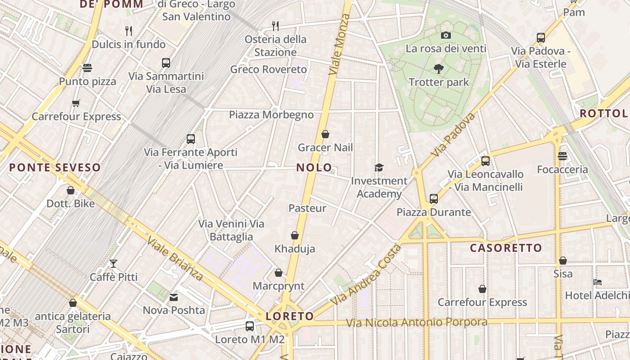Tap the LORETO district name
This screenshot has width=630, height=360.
pyautogui.click(x=289, y=316)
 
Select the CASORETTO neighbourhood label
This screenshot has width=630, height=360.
pyautogui.click(x=506, y=248)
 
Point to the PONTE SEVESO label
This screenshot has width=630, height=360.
pyautogui.click(x=55, y=168)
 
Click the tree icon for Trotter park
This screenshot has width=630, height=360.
pyautogui.click(x=439, y=69)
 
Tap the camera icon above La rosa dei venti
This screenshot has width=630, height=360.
pyautogui.click(x=446, y=35)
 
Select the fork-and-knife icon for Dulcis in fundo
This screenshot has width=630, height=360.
pyautogui.click(x=129, y=31)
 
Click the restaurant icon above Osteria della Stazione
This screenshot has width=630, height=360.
pyautogui.click(x=275, y=26)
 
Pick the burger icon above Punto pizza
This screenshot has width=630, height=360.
pyautogui.click(x=87, y=68)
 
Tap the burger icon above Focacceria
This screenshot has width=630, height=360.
pyautogui.click(x=562, y=156)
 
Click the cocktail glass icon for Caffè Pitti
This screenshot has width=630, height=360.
pyautogui.click(x=113, y=263)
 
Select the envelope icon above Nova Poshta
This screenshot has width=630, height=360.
pyautogui.click(x=174, y=297)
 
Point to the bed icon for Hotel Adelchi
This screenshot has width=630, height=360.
pyautogui.click(x=598, y=282)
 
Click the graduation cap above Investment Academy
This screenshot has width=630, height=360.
pyautogui.click(x=379, y=167)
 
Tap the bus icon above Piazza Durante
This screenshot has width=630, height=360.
pyautogui.click(x=434, y=198)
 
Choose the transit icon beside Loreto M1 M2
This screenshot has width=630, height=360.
pyautogui.click(x=250, y=326)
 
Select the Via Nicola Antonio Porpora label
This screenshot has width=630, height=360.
pyautogui.click(x=417, y=322)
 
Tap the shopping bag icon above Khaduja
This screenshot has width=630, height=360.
pyautogui.click(x=295, y=235)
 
